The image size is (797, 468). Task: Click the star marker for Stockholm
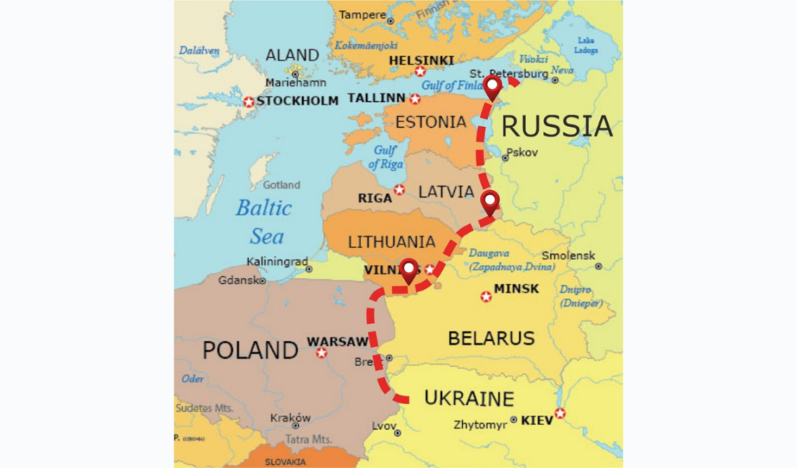point(248,101)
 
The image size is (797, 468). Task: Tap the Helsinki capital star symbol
point(420,72)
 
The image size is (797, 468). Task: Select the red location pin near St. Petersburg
point(492,88)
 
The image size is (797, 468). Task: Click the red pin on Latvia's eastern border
point(490,202)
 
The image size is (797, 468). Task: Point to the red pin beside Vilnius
point(409,271)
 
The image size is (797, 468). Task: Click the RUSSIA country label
point(556,125)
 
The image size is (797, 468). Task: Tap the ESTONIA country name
point(430,122)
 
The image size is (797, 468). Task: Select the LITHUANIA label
point(391,241)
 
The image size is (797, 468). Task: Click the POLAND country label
point(250,350)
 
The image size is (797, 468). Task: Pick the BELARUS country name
point(491,338)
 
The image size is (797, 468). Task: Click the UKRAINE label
point(469,399)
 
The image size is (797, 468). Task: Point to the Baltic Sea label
point(265,222)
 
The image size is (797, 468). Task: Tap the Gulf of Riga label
point(385,157)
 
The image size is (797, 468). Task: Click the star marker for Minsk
point(486,296)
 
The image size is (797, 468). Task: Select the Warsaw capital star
point(321,353)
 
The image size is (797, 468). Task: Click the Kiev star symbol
point(560,413)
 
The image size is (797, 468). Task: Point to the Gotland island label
point(281,185)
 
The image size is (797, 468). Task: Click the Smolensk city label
point(568,255)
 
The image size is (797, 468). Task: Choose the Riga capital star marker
point(399,189)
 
